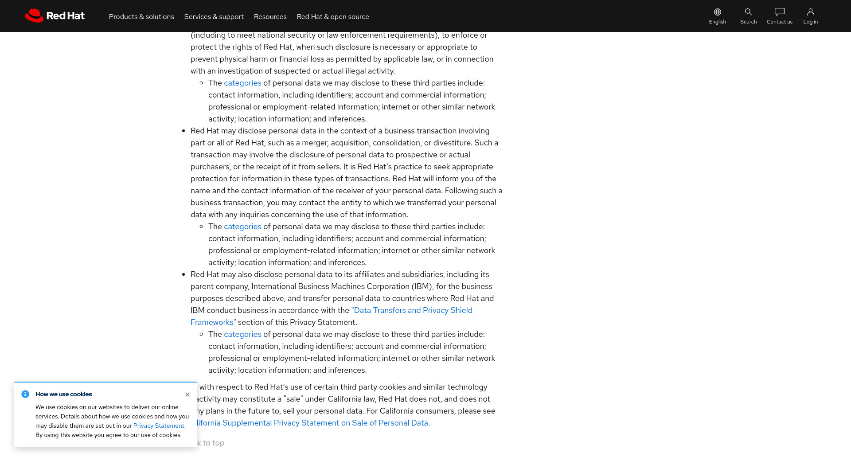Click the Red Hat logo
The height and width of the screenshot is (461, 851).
coord(55,16)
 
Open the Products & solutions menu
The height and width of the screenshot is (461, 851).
coord(141,17)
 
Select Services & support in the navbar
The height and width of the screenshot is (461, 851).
coord(214,17)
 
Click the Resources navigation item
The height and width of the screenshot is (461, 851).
coord(270,17)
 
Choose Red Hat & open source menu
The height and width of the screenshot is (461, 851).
coord(333,17)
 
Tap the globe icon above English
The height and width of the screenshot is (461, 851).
coord(717,12)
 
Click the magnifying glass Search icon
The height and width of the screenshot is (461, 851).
coord(748,12)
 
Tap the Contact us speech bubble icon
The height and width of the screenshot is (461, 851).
coord(779,12)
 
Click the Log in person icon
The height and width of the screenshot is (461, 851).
coord(810,12)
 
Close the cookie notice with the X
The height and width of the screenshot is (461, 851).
coord(187,395)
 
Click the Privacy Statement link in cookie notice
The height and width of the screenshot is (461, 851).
coord(159,426)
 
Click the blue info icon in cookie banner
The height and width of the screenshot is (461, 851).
coord(25,394)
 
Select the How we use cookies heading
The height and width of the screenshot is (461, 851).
coord(64,395)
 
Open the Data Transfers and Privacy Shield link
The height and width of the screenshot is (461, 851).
coord(413,310)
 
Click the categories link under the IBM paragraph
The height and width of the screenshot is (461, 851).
coord(242,334)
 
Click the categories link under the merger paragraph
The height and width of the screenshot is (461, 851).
coord(242,227)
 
